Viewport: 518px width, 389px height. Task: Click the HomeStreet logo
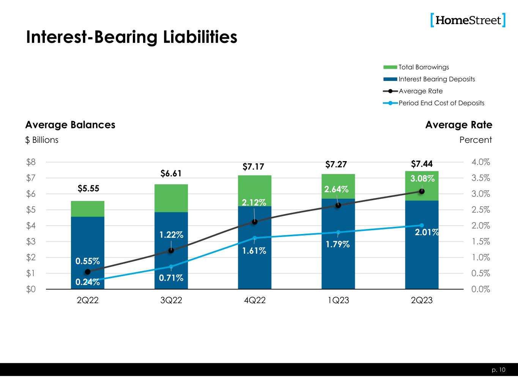468,20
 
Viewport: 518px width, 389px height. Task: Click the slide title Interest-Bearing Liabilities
131,37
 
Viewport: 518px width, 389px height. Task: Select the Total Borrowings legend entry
424,67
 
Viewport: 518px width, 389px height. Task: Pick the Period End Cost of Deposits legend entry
441,103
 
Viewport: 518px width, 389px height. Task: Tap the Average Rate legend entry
420,91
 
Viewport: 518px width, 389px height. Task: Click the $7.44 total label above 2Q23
421,164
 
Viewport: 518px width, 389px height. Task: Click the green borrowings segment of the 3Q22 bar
171,198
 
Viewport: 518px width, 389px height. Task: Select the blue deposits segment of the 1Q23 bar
338,258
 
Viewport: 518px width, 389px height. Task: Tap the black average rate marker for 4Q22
255,222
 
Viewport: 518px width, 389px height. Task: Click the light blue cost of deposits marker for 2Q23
422,225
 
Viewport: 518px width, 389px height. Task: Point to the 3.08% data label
422,179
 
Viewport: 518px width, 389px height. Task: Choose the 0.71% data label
171,278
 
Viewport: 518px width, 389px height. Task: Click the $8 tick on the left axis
31,162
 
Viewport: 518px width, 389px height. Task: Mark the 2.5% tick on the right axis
481,210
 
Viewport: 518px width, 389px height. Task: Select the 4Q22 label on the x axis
255,300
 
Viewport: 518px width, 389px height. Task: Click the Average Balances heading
70,125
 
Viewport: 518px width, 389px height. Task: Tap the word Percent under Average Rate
475,140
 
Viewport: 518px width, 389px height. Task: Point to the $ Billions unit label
42,140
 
